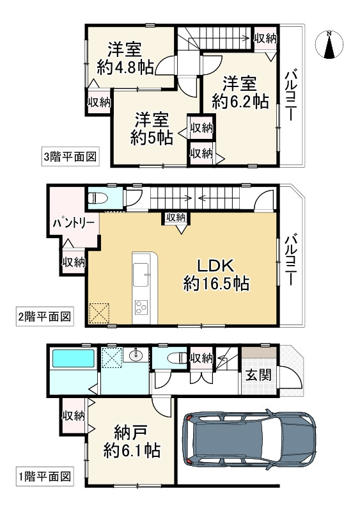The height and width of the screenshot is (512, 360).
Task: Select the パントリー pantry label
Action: pos(74,222)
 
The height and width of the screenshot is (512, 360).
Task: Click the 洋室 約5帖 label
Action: pos(152,128)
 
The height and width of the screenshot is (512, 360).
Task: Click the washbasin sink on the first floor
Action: pos(136,356)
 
